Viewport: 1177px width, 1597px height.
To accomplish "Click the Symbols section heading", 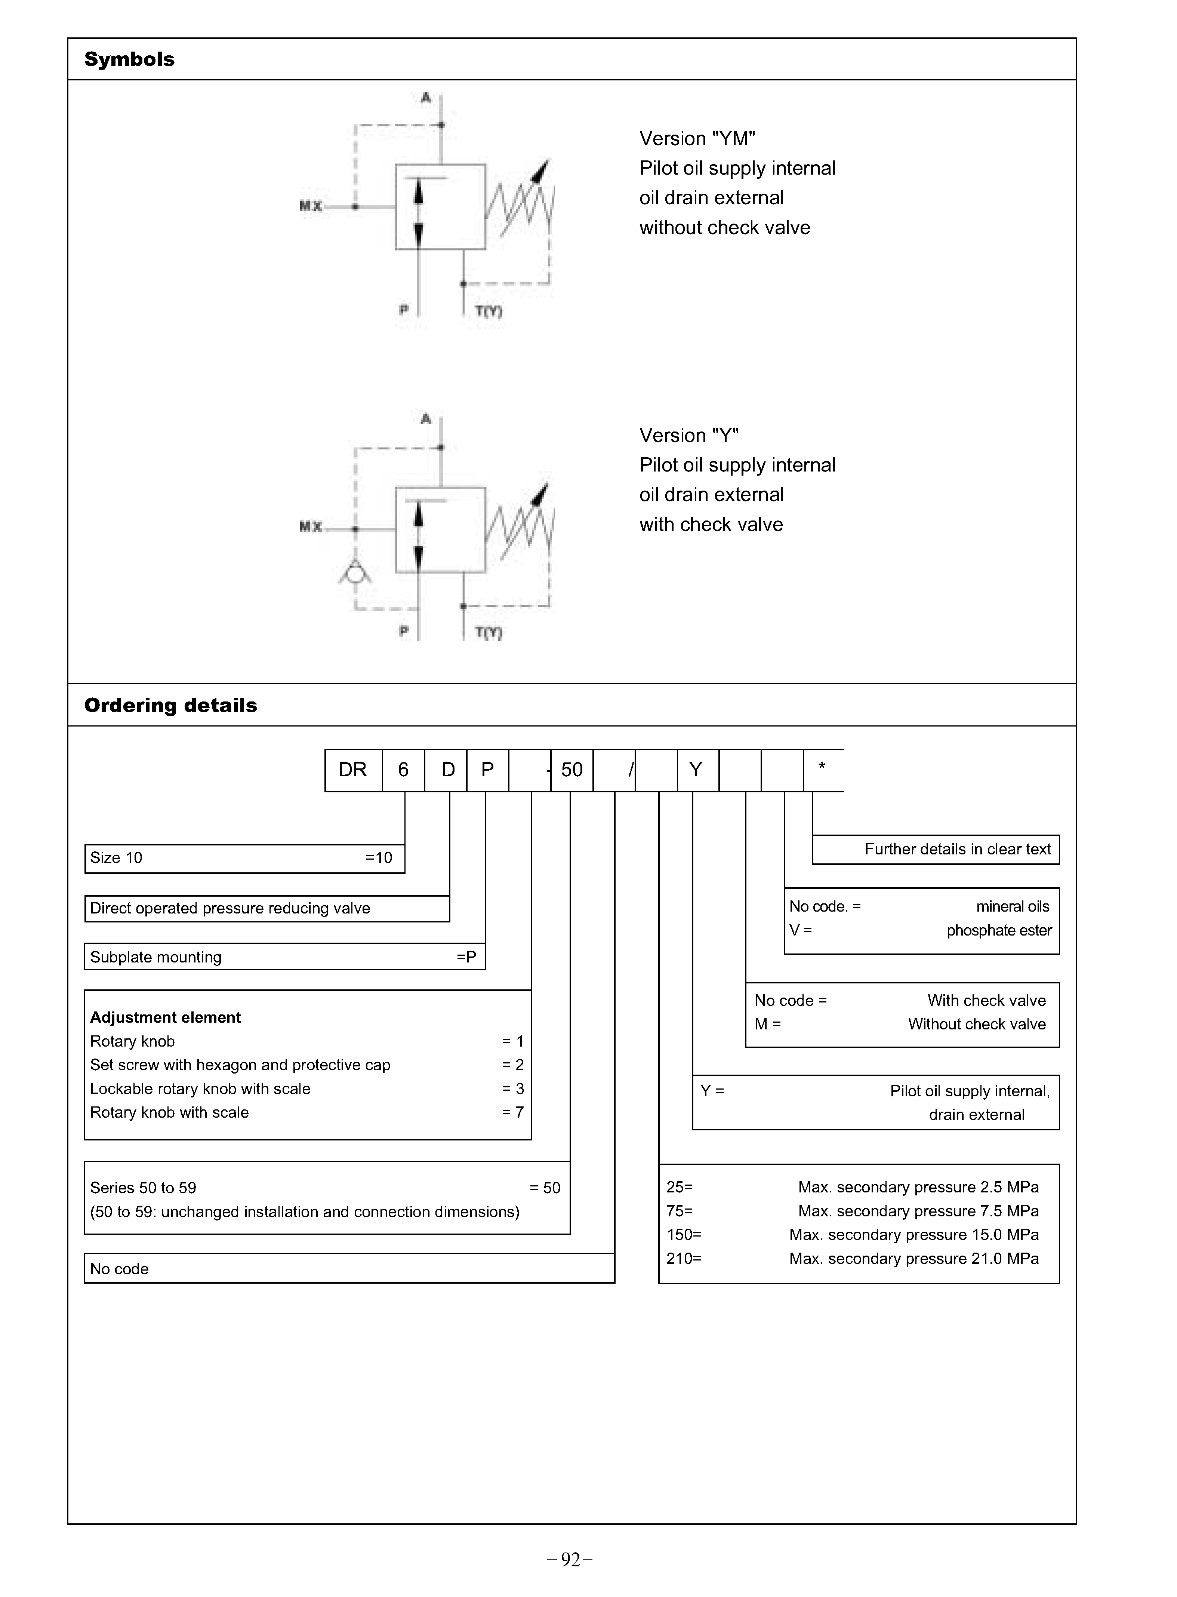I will (x=129, y=59).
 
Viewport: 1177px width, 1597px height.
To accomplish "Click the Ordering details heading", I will (x=170, y=706).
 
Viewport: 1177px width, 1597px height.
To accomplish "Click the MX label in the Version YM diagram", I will (x=311, y=206).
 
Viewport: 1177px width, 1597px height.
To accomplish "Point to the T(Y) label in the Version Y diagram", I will (x=489, y=632).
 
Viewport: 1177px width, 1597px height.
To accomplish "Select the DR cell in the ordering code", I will (x=353, y=770).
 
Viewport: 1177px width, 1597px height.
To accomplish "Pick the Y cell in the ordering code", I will (x=696, y=770).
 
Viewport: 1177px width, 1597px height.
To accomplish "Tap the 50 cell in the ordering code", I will (x=571, y=770).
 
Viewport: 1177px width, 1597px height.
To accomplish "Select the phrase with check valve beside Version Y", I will (x=711, y=525).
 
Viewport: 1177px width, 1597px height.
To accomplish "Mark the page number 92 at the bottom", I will (x=571, y=1560).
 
